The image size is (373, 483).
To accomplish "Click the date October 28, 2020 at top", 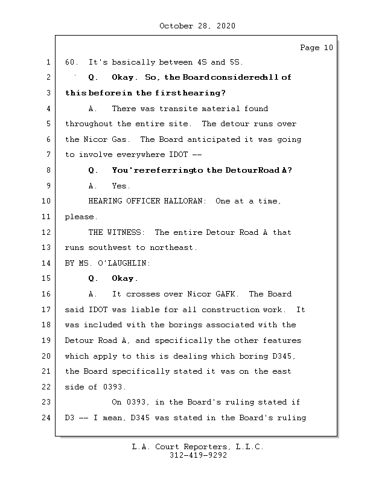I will pos(197,26).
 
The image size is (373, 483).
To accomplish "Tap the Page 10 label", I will pos(316,48).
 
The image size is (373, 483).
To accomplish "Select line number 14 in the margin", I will pos(47,263).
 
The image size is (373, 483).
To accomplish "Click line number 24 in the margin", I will pos(47,418).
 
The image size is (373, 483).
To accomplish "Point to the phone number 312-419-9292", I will pos(198,456).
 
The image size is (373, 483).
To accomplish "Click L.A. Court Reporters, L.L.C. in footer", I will pos(198,447).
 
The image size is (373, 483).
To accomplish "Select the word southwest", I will pos(111,248).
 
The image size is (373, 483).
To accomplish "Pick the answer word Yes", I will pos(121,186).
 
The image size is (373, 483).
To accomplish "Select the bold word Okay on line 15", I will pos(124,279).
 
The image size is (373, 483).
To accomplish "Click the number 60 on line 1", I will pos(71,62).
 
